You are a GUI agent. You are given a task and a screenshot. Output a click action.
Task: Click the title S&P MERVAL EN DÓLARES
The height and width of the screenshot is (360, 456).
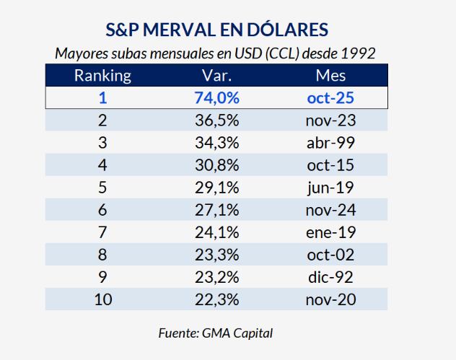pos(216,30)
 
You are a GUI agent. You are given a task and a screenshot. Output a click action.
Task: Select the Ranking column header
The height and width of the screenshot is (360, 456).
pos(102,76)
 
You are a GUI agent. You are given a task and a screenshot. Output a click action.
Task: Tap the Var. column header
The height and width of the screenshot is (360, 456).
pos(216,76)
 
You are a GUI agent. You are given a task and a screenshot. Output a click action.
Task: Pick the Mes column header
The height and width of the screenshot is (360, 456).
pos(330,76)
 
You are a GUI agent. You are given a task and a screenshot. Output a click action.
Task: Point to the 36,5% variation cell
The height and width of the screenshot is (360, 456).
pos(216,120)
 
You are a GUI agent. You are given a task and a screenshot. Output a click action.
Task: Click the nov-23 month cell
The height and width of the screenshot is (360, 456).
pos(330,120)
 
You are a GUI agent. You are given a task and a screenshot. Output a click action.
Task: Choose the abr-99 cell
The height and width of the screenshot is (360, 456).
pos(330,143)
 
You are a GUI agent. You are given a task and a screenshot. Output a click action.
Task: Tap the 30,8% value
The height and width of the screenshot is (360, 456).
pos(216,165)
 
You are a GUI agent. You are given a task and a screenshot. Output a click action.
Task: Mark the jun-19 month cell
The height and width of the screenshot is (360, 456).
pos(330,188)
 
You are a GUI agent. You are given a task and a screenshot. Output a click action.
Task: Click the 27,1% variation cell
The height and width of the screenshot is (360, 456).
pos(216,210)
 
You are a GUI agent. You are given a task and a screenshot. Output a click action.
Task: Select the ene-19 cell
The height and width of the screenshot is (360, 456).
pos(330,232)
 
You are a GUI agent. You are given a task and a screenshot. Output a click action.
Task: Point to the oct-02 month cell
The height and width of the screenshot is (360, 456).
pos(330,255)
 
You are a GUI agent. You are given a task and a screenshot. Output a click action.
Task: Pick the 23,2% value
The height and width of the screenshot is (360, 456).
pos(216,277)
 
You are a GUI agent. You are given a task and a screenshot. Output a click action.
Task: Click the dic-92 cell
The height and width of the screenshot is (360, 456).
pos(330,277)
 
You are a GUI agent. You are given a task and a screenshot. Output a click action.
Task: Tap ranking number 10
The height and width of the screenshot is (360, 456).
pos(102,299)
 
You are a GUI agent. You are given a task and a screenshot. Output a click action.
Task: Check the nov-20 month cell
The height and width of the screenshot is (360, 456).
pos(330,299)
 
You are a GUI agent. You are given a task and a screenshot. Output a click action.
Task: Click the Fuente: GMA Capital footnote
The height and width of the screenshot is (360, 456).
pos(216,333)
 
